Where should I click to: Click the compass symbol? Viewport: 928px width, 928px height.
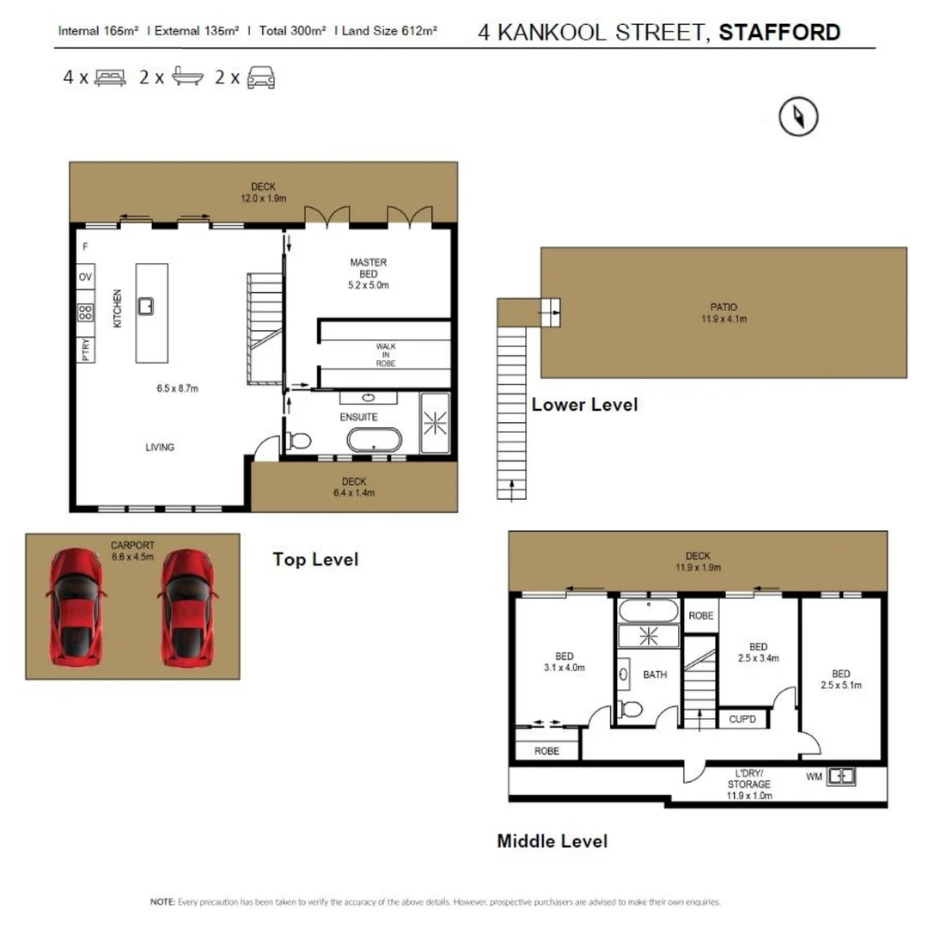point(798,117)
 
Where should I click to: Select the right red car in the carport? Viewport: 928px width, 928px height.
point(187,607)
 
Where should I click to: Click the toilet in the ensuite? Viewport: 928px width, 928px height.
point(298,440)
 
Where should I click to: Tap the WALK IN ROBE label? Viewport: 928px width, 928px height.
point(385,354)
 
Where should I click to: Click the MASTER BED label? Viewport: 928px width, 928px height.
point(368,268)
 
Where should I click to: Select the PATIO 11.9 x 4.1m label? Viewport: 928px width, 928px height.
point(723,312)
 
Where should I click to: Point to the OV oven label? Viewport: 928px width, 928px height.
point(85,278)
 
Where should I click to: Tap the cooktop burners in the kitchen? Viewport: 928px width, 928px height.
point(85,313)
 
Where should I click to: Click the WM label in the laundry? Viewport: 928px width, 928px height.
point(813,777)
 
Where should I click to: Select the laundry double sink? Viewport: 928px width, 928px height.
point(841,777)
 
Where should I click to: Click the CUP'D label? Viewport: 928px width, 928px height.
point(741,717)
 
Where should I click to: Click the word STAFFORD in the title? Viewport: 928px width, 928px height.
point(779,34)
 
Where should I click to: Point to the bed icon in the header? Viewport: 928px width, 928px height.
point(110,78)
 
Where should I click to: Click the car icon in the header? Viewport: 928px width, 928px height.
point(261,78)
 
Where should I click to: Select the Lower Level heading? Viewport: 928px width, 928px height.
point(584,404)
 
